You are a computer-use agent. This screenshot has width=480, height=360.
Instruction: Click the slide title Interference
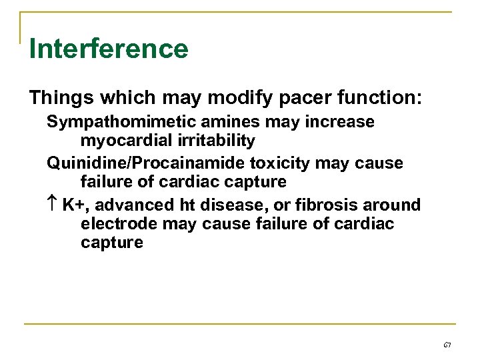(x=109, y=49)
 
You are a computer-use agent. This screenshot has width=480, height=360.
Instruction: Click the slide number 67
(x=446, y=345)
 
